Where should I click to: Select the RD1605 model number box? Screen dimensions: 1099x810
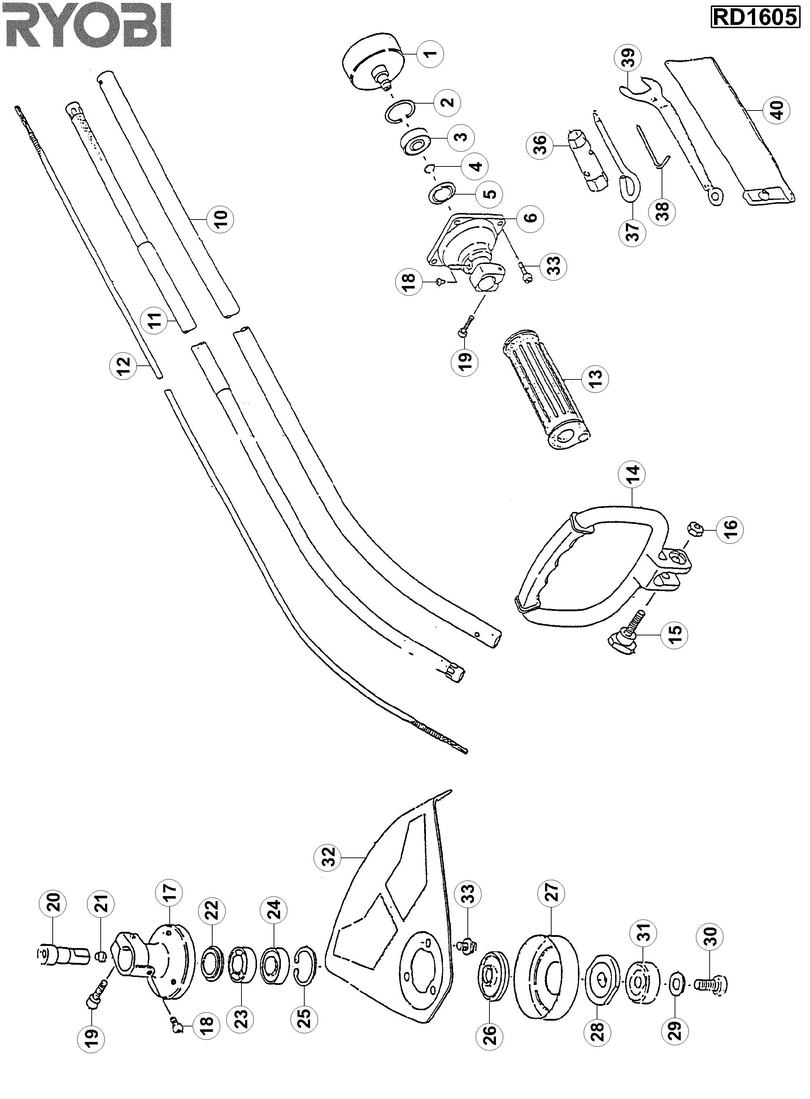pos(755,18)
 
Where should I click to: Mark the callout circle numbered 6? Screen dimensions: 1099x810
pos(530,217)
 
